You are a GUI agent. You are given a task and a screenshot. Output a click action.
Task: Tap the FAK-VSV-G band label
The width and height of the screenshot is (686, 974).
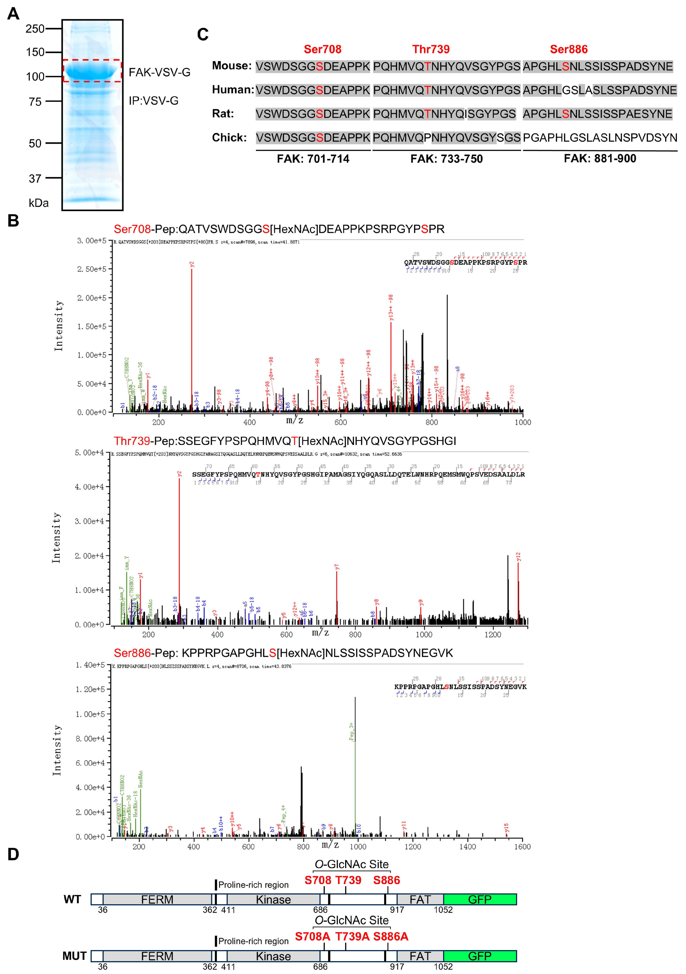(x=159, y=73)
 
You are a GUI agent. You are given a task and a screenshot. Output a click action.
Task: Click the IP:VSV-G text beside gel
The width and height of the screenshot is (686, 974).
(x=153, y=101)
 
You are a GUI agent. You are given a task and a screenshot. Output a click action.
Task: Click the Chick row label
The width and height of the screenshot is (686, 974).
(x=229, y=138)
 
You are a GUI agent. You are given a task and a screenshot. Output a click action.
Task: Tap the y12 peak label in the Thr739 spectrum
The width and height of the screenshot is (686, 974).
(x=518, y=557)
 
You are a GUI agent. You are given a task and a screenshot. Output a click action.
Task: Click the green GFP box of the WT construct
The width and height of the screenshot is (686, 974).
(x=480, y=899)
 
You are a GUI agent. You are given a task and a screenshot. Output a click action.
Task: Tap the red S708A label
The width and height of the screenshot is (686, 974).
(x=313, y=936)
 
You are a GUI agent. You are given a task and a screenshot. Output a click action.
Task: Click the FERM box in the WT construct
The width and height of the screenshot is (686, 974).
(x=157, y=899)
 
